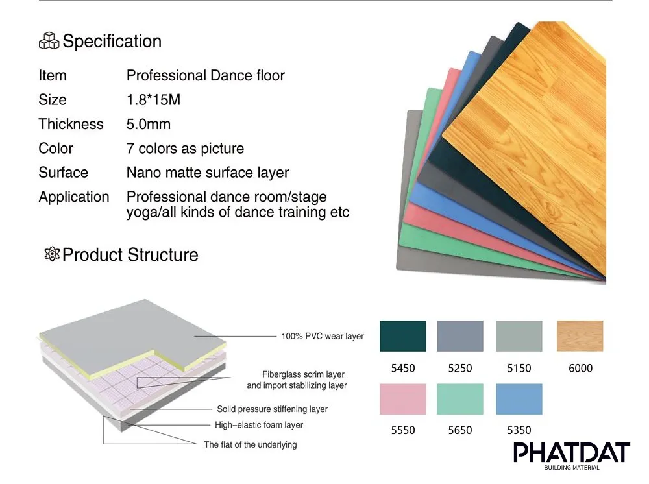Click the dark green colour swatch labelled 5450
tap(402, 336)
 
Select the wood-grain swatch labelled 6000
tap(580, 336)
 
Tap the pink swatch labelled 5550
tap(402, 399)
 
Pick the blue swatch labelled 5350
tap(519, 399)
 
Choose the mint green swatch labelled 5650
tap(460, 399)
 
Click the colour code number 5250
tap(460, 368)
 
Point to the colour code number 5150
tap(519, 368)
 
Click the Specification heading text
tap(112, 42)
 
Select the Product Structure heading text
tap(130, 254)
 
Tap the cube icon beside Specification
tap(49, 42)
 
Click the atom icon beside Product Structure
tap(51, 254)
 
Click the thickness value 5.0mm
tap(149, 124)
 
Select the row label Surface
tap(63, 173)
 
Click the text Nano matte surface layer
tap(208, 173)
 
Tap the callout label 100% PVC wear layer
tap(322, 337)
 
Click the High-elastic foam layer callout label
tap(259, 425)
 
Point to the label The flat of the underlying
tap(250, 444)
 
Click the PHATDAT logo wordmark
tap(571, 453)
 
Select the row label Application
tap(74, 197)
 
